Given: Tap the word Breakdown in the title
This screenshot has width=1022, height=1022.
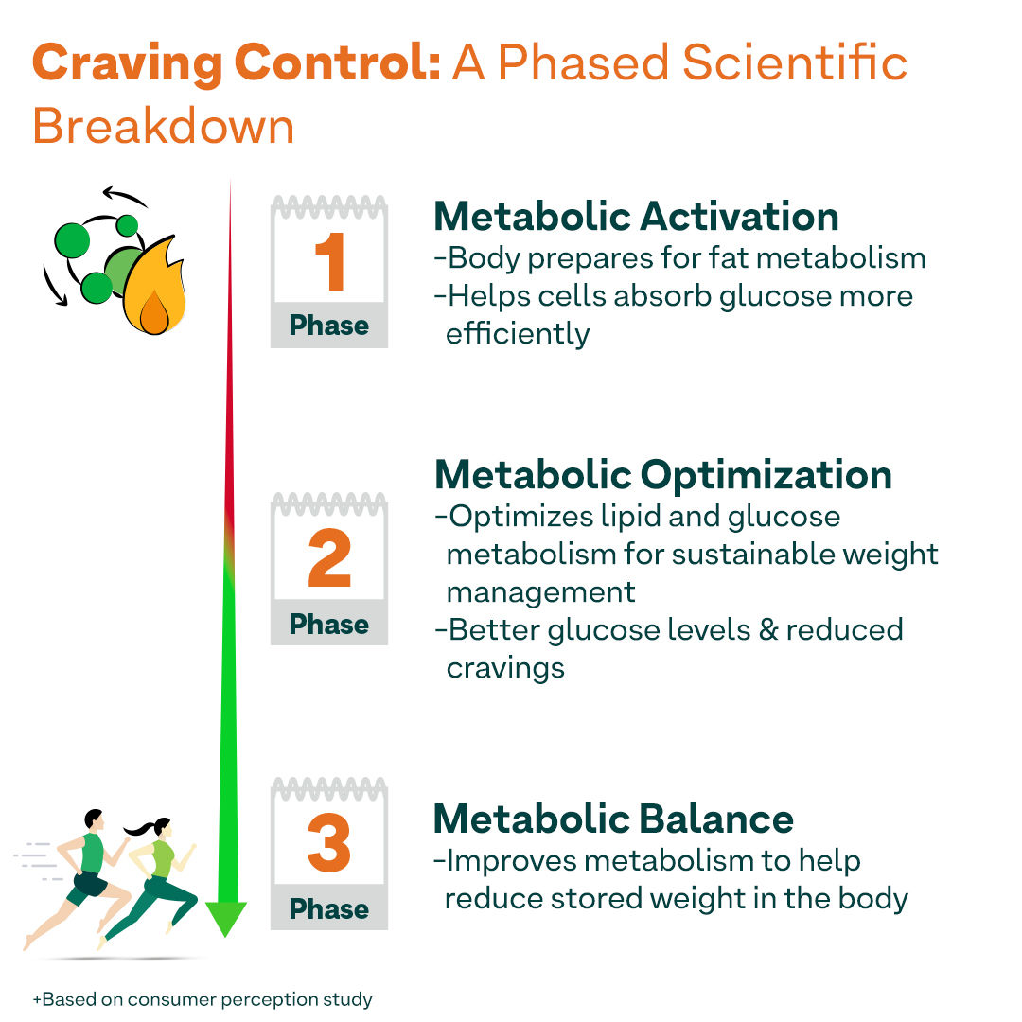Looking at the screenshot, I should (x=164, y=126).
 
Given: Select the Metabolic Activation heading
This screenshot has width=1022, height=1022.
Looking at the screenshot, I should (x=636, y=217).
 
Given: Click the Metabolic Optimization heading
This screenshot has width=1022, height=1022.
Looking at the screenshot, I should (x=662, y=475).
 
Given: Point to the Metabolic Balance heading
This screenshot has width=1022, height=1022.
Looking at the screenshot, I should (x=613, y=819).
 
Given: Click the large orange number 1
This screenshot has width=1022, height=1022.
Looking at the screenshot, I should (x=329, y=263).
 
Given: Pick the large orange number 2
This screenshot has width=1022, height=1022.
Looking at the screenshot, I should (x=329, y=560).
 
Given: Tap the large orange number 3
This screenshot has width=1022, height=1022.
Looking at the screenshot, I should (x=329, y=845).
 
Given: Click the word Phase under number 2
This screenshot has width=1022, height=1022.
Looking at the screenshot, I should (x=329, y=625).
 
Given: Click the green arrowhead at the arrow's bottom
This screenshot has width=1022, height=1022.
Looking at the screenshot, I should (x=226, y=918).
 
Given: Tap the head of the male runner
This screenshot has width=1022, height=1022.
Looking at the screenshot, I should (x=92, y=819).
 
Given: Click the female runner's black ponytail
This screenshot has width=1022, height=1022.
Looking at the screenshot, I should (x=139, y=830).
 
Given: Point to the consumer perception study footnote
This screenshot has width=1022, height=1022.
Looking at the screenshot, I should (x=203, y=999).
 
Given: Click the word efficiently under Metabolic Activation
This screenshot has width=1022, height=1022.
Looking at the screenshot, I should (x=518, y=334).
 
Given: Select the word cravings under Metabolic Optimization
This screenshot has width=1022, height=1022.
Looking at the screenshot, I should (x=505, y=667).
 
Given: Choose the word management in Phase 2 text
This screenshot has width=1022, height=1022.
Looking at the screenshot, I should (x=541, y=592).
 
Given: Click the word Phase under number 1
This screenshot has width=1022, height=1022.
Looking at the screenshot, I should (x=329, y=326).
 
